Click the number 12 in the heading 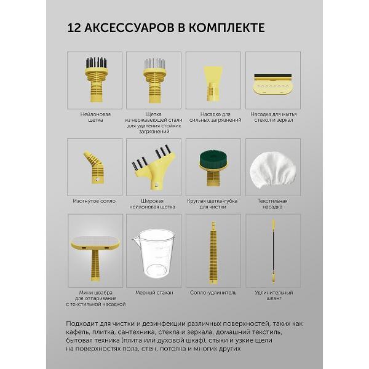click(x=74, y=28)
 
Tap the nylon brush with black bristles click(x=95, y=80)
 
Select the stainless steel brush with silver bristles click(x=154, y=81)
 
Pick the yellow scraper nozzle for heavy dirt click(x=213, y=84)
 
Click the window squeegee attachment click(x=272, y=84)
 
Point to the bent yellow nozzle click(x=95, y=167)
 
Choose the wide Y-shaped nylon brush click(x=153, y=167)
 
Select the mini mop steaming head click(x=95, y=258)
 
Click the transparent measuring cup click(x=154, y=254)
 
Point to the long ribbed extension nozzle click(x=213, y=253)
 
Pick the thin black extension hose click(x=274, y=251)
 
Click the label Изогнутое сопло click(x=94, y=201)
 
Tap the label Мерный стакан click(x=154, y=293)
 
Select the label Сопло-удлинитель click(x=213, y=293)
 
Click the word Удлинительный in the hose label click(x=274, y=293)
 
